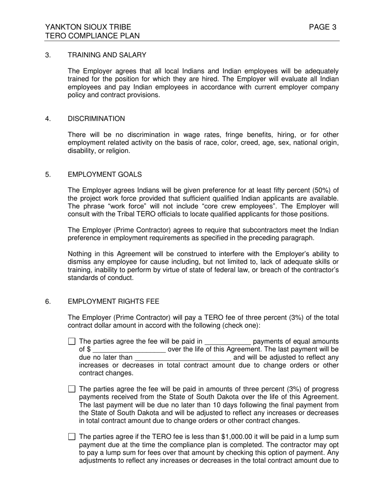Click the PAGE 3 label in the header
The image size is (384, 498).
click(323, 27)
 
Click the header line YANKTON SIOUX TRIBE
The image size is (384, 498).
click(88, 27)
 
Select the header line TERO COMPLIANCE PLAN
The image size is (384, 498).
click(93, 36)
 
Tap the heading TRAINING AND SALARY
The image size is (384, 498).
click(107, 55)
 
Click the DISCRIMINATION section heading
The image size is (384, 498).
click(96, 119)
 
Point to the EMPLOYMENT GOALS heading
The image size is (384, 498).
click(105, 175)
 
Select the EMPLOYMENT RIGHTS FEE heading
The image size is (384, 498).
click(113, 302)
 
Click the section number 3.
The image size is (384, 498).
click(48, 55)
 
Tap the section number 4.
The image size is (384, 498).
click(48, 119)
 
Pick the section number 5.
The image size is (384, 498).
click(48, 175)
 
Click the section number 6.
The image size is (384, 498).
click(48, 302)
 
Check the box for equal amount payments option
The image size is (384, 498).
click(72, 341)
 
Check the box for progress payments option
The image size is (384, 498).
click(72, 389)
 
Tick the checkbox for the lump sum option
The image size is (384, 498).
click(72, 437)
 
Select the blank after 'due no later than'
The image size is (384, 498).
click(183, 358)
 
